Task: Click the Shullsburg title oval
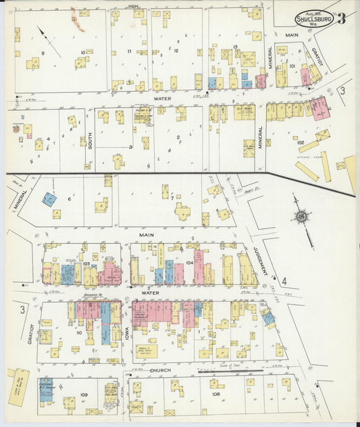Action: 314,18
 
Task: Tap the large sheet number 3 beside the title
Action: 342,18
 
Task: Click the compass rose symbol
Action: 301,216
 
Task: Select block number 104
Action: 189,261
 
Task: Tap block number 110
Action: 79,333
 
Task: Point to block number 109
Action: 84,394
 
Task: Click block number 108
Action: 215,393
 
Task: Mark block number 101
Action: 292,66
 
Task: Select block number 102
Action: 301,142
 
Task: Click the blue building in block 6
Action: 49,199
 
